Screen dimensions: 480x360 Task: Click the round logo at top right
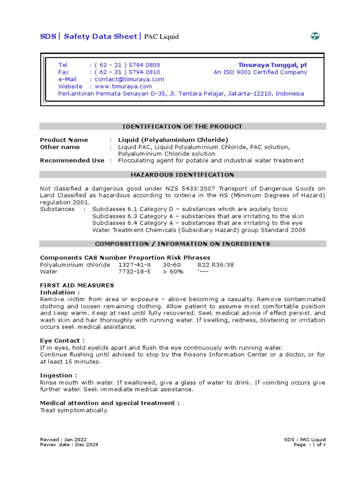point(315,37)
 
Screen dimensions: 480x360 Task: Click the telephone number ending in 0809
point(127,65)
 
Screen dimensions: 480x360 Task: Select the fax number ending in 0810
point(127,72)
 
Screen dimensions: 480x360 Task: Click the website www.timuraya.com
point(123,86)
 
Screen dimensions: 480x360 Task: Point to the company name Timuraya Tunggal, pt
point(272,65)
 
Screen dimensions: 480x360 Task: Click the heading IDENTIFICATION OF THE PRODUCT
point(182,127)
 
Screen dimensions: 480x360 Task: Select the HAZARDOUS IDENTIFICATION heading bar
point(182,175)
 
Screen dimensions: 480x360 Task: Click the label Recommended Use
point(72,160)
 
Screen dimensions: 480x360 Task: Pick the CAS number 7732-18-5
point(135,272)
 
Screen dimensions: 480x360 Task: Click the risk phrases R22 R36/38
point(216,265)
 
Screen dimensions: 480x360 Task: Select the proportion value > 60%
point(173,272)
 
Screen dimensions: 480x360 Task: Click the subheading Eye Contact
point(62,341)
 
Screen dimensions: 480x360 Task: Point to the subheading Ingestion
point(59,375)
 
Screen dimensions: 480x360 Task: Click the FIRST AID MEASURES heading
point(77,285)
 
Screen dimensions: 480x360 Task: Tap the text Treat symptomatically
point(74,410)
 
